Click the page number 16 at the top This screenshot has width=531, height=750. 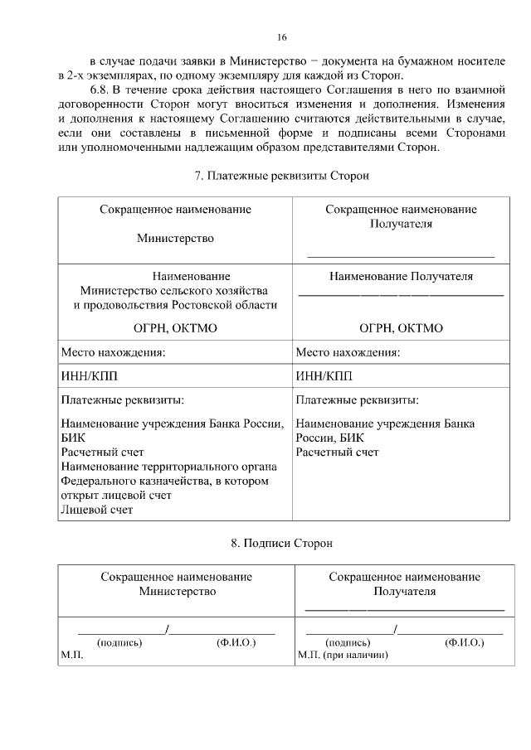coord(282,38)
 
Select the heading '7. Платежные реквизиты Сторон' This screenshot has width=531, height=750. coord(281,177)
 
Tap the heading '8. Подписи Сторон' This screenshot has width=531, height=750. coord(281,544)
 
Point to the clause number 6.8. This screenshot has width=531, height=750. coord(100,89)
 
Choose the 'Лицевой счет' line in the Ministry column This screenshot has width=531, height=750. coord(96,510)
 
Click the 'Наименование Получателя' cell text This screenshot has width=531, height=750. coord(401,276)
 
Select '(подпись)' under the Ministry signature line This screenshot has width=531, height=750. coord(120,642)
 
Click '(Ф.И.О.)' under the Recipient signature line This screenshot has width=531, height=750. coord(465,642)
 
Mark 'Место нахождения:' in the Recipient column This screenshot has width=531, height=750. coord(348,352)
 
